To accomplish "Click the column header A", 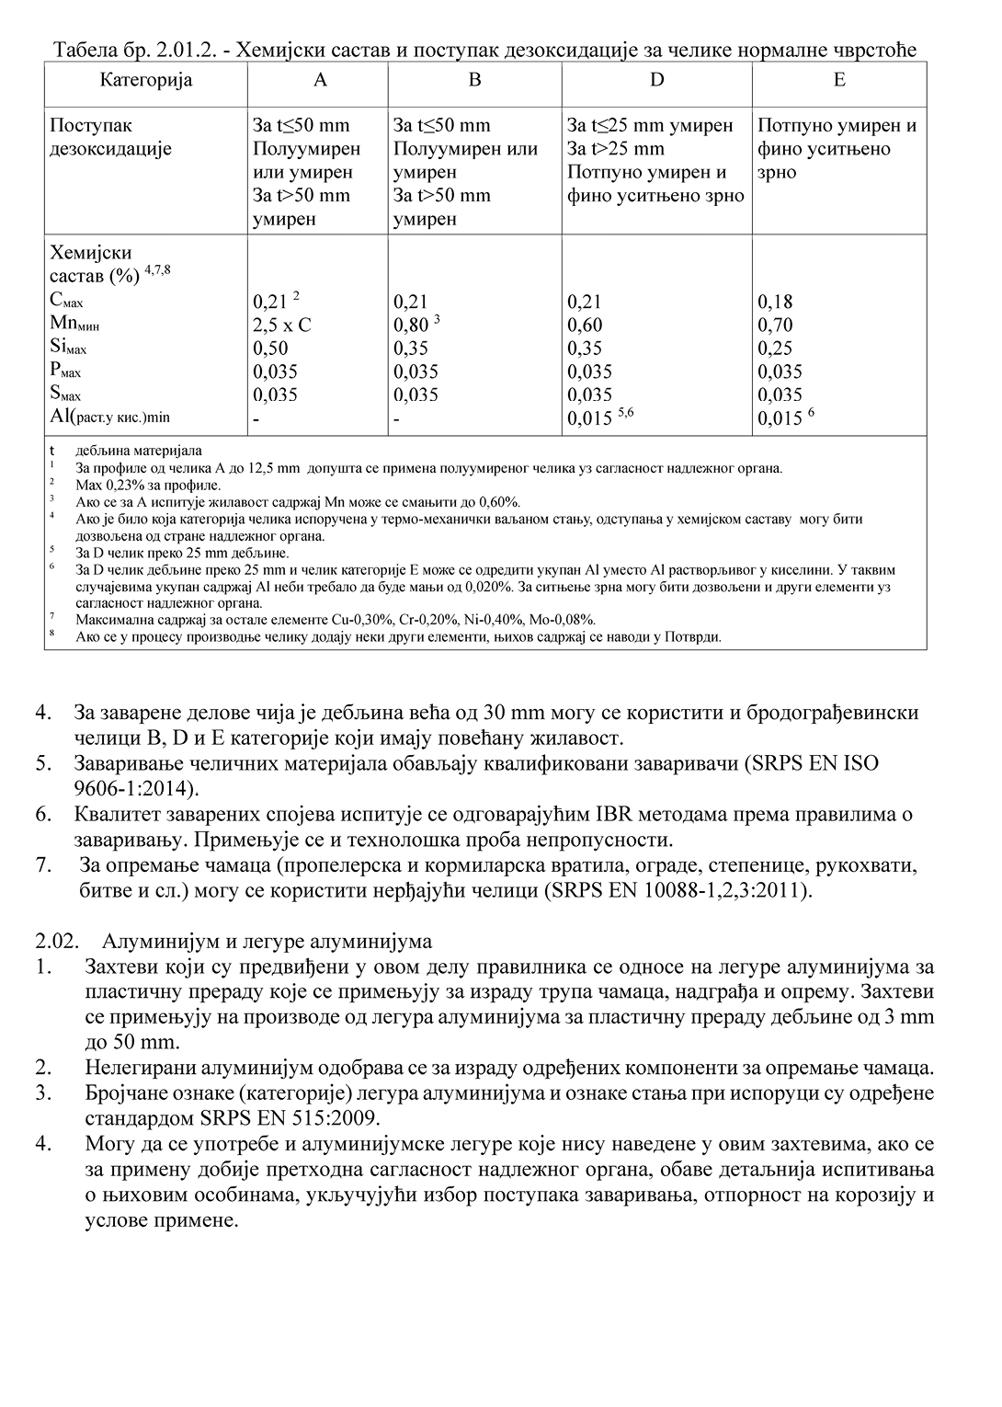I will pyautogui.click(x=319, y=80).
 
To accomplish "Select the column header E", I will pyautogui.click(x=839, y=80).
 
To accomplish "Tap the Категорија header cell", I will pyautogui.click(x=146, y=80).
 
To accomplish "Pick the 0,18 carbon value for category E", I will pyautogui.click(x=775, y=302).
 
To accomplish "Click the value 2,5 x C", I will pyautogui.click(x=282, y=325).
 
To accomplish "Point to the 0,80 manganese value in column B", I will pyautogui.click(x=411, y=325).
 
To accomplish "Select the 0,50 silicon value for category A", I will pyautogui.click(x=270, y=349).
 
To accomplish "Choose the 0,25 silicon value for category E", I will pyautogui.click(x=775, y=349).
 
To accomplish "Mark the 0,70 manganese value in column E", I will pyautogui.click(x=775, y=325).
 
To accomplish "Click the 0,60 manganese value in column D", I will pyautogui.click(x=585, y=325).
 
